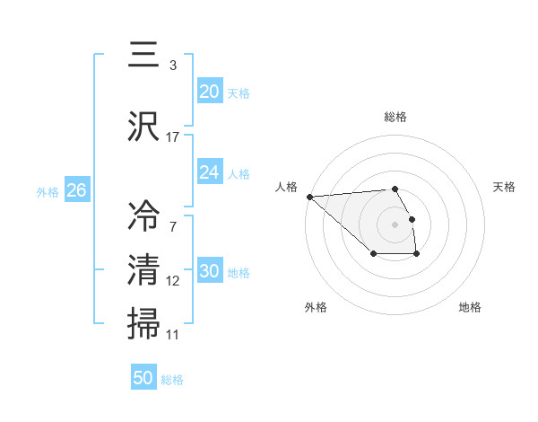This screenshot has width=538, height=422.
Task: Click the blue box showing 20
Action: (x=209, y=91)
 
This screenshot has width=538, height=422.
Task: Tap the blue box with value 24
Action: (x=209, y=172)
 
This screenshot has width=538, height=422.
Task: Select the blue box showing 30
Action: (x=209, y=271)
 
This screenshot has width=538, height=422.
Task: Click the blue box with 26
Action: (x=76, y=189)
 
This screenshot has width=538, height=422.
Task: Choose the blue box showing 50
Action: (x=143, y=378)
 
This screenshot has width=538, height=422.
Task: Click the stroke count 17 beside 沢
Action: (x=173, y=136)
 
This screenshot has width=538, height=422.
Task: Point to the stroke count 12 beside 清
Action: (x=173, y=281)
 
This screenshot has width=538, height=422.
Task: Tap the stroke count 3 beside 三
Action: (x=173, y=66)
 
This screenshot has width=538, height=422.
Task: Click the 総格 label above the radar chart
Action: (x=395, y=117)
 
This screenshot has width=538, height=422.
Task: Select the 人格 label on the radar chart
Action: (x=287, y=187)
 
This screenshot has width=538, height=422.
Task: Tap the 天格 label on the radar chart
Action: (x=504, y=187)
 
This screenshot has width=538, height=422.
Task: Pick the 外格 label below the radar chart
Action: (x=316, y=307)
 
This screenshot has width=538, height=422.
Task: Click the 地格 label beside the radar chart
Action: (x=470, y=307)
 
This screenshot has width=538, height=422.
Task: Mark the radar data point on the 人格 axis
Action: (x=309, y=197)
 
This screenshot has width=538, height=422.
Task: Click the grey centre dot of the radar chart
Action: (x=395, y=224)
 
